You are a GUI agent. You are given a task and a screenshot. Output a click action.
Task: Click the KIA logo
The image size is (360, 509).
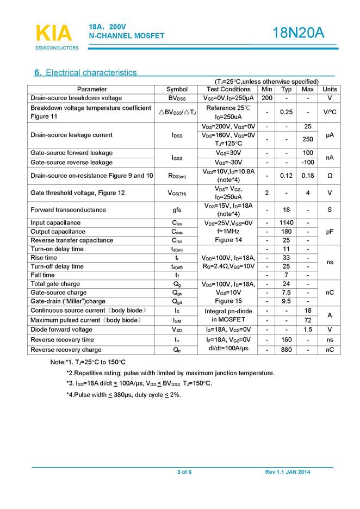click(x=54, y=34)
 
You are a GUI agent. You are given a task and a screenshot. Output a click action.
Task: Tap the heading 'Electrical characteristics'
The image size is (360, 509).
click(x=91, y=72)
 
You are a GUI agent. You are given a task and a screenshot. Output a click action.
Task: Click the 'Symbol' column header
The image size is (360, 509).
click(x=177, y=89)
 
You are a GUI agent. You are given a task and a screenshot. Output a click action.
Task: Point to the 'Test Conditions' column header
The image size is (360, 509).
click(x=228, y=89)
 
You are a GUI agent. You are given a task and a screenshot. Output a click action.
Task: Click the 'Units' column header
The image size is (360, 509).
click(x=330, y=89)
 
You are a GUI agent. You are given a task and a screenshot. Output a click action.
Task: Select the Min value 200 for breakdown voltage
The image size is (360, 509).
click(x=267, y=98)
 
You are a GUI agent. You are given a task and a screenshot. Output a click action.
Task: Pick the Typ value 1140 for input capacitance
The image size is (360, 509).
click(x=286, y=222)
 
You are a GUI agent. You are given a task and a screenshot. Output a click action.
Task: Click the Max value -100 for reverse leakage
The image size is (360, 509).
click(x=308, y=162)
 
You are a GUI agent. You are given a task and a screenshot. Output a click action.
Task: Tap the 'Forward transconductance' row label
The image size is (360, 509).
click(x=69, y=209)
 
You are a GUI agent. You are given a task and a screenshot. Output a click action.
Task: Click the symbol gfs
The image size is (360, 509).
click(x=177, y=209)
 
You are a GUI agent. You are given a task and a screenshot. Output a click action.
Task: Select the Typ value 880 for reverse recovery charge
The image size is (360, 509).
click(x=286, y=350)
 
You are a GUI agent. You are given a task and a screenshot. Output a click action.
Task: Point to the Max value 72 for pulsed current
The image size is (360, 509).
click(x=308, y=320)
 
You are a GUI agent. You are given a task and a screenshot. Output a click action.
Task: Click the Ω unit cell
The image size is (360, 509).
click(x=330, y=176)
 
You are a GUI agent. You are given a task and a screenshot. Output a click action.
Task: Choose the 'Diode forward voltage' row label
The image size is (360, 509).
click(x=61, y=330)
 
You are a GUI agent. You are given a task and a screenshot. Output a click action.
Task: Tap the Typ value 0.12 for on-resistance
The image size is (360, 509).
click(x=286, y=176)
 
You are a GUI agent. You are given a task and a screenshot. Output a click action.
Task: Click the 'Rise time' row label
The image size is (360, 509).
click(x=44, y=258)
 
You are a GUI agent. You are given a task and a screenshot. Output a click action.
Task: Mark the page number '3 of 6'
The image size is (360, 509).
click(x=184, y=472)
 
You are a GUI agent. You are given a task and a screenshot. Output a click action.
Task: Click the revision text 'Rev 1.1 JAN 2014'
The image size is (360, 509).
click(x=287, y=472)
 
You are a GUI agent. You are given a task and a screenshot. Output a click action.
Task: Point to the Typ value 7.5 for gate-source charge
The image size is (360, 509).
click(x=286, y=293)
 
